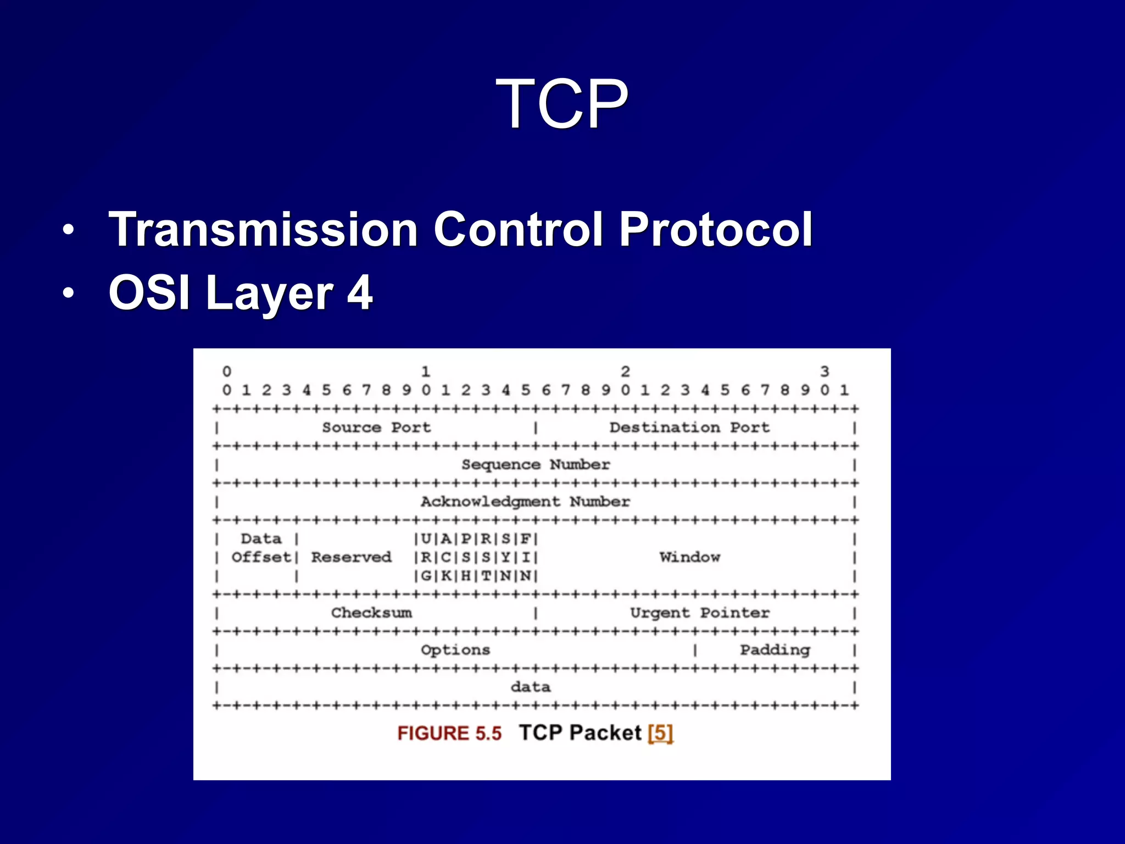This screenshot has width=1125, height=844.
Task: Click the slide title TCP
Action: click(x=562, y=103)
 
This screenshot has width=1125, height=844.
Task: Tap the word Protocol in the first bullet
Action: click(x=715, y=229)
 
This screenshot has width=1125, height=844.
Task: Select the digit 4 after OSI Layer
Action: click(x=360, y=292)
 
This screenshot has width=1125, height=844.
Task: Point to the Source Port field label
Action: click(x=376, y=427)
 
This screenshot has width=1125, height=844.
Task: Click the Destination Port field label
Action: click(x=689, y=427)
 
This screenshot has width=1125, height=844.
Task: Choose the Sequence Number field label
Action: click(x=536, y=465)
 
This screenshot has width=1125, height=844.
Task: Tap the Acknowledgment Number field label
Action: click(x=525, y=502)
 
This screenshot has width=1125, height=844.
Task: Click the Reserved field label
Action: click(x=352, y=557)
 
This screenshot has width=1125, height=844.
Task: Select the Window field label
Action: click(x=689, y=557)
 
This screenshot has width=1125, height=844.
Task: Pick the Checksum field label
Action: click(x=371, y=613)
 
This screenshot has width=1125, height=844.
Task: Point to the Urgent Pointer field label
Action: click(x=699, y=613)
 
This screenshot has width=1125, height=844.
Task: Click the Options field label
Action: click(x=455, y=650)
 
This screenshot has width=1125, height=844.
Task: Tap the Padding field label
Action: click(x=775, y=650)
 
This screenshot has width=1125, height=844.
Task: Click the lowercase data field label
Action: click(x=531, y=687)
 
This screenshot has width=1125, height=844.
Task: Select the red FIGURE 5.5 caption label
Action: click(x=449, y=733)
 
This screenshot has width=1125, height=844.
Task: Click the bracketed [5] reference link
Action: click(x=660, y=733)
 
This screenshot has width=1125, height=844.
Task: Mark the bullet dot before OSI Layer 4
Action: click(x=68, y=293)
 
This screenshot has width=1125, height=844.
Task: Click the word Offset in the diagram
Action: click(x=261, y=557)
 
